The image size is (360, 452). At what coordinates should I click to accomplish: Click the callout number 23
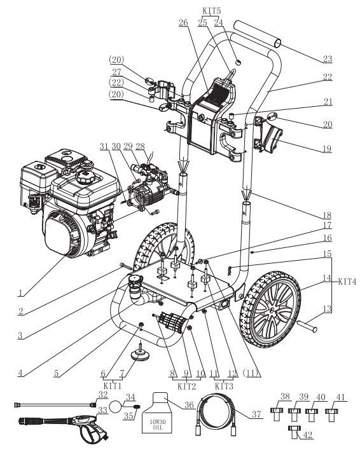[327, 58]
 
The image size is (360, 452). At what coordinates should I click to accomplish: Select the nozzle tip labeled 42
[294, 432]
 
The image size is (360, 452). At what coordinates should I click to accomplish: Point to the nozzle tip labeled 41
[330, 416]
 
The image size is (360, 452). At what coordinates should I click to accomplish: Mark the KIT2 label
[186, 386]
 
